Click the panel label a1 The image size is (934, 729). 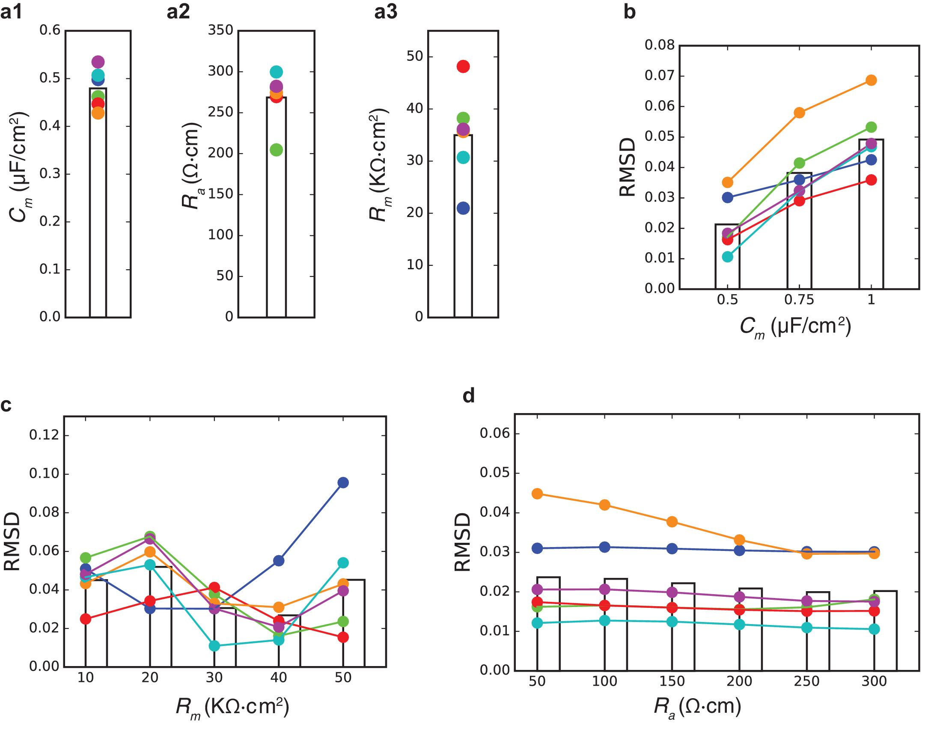tap(12, 12)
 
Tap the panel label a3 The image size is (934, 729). tap(386, 12)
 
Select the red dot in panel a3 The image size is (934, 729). tap(463, 66)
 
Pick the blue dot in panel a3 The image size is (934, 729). tap(463, 208)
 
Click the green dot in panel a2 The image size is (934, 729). tap(277, 150)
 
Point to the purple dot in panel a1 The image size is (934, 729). tap(98, 62)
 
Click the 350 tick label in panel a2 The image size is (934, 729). tap(220, 30)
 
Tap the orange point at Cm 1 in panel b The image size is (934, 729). tap(871, 80)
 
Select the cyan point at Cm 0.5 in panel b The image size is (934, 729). tap(728, 257)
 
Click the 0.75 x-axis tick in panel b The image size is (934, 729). tap(799, 300)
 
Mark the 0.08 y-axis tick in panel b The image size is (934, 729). tap(659, 45)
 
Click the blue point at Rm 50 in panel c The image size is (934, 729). tap(343, 482)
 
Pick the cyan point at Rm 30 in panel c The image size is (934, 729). tap(214, 646)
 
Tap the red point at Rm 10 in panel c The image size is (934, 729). tap(86, 619)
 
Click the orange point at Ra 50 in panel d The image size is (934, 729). tap(537, 494)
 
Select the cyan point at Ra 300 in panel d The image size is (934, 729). tap(874, 629)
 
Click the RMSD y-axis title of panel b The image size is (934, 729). tap(628, 167)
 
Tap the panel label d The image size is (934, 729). tap(469, 396)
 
